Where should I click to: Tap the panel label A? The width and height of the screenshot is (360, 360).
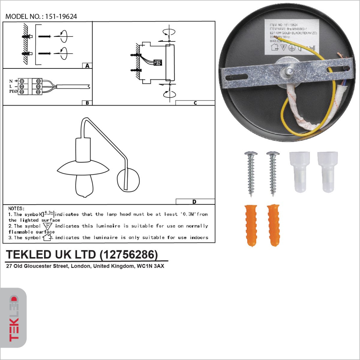(x=87, y=66)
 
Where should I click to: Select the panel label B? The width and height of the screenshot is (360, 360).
(x=87, y=103)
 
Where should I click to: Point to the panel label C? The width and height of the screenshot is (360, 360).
(x=195, y=103)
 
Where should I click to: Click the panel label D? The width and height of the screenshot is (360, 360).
(x=194, y=202)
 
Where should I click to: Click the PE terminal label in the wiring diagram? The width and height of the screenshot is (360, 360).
(x=13, y=91)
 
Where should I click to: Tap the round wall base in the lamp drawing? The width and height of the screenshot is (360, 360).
(x=128, y=180)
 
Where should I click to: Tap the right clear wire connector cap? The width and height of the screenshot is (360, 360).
(x=327, y=172)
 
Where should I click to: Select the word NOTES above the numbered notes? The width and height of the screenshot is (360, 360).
(x=16, y=208)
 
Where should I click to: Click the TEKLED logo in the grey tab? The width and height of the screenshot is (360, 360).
(x=13, y=318)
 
